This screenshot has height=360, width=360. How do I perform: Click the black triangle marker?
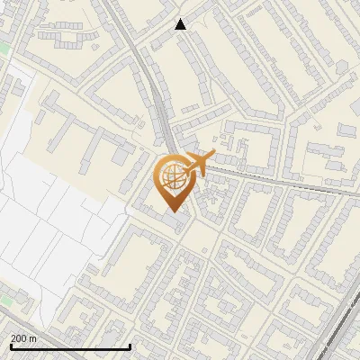coord(180,24)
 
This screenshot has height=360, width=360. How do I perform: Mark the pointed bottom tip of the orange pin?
coord(171,211)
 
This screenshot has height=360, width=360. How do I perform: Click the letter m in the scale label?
coord(32,338)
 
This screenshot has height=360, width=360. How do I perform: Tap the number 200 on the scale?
coord(18,338)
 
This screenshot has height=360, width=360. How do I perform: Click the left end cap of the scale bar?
coord(9,346)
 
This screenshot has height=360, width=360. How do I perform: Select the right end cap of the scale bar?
coord(130,346)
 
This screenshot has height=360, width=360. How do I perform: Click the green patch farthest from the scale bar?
coord(4,45)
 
